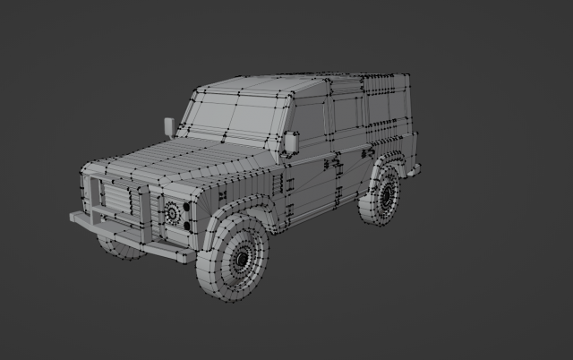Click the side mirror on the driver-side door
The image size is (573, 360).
[x=292, y=141]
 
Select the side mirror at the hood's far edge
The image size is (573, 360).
[x=168, y=126]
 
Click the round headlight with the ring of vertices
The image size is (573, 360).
[x=172, y=212]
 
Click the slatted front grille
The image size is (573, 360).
[x=116, y=201]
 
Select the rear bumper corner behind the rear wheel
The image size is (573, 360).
[x=413, y=167]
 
